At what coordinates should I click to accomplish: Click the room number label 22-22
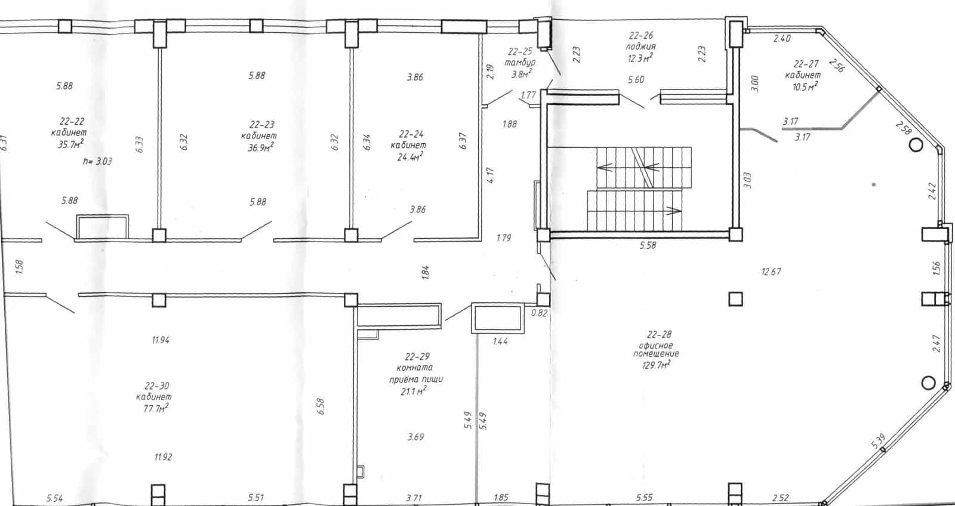click(72, 122)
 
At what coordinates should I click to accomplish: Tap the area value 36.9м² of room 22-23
click(260, 147)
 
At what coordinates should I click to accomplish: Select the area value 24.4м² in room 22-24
click(410, 158)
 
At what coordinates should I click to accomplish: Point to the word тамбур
click(520, 63)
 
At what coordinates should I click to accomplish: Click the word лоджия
click(640, 47)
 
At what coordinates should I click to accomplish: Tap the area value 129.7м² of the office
click(656, 365)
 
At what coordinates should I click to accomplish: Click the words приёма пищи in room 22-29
click(415, 379)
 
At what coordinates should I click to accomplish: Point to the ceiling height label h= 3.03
click(97, 161)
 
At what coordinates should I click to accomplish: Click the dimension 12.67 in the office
click(771, 271)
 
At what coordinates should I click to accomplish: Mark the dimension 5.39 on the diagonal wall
click(879, 441)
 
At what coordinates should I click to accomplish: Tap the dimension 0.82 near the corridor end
click(539, 313)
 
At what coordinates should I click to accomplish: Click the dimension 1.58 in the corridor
click(19, 267)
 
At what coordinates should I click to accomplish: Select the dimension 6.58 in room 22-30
click(321, 406)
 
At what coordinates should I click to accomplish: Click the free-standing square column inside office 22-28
click(735, 300)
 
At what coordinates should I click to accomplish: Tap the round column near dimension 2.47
click(928, 383)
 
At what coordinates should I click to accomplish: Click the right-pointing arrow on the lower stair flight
click(673, 211)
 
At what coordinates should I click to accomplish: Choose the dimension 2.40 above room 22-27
click(782, 38)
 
